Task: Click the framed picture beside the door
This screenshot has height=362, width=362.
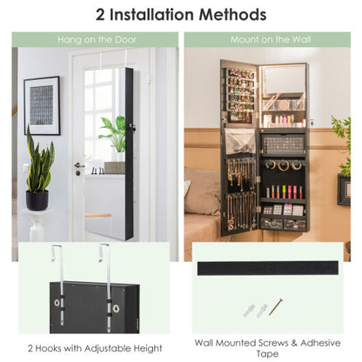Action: (x=42, y=105)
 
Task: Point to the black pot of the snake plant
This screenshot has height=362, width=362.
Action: (x=37, y=200)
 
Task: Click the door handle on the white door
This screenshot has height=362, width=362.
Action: (x=79, y=165)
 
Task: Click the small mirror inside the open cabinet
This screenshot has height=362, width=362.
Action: (x=284, y=81)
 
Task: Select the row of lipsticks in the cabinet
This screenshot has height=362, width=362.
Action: (x=283, y=191)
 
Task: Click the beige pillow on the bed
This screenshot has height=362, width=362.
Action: (x=202, y=191)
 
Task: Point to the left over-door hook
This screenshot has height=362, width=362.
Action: (x=55, y=262)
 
